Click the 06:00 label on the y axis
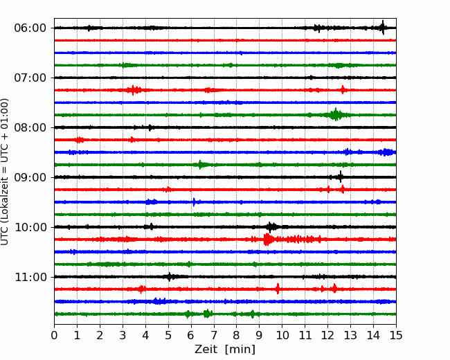click(x=30, y=28)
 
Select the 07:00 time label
click(x=30, y=78)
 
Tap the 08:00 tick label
click(x=30, y=127)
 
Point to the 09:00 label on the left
click(x=30, y=177)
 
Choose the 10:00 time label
click(x=30, y=227)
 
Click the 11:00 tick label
click(x=30, y=277)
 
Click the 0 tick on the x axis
click(x=54, y=335)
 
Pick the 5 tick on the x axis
click(x=168, y=335)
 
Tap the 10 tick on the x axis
click(x=282, y=335)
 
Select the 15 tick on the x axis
click(x=396, y=335)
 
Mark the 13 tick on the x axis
click(x=350, y=335)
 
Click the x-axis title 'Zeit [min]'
click(x=225, y=350)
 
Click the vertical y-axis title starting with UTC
click(x=5, y=172)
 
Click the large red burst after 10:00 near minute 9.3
click(x=267, y=240)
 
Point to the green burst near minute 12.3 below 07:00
click(x=336, y=115)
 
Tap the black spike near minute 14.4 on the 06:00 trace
click(x=383, y=28)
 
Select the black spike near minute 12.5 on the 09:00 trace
click(x=340, y=177)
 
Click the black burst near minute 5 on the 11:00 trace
click(x=170, y=277)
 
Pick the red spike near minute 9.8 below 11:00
click(x=278, y=289)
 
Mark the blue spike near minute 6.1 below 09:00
click(x=194, y=202)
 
